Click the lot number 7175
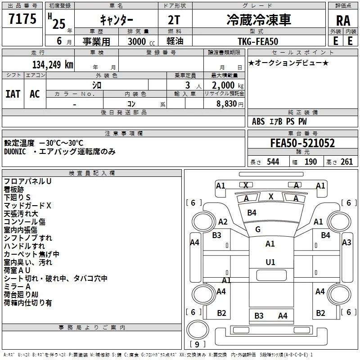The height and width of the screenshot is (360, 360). (22, 19)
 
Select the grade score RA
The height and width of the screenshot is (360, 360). (343, 21)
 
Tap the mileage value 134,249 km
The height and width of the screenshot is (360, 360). (53, 65)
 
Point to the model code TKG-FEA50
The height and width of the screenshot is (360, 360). (258, 41)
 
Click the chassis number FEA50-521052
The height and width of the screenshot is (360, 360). (302, 143)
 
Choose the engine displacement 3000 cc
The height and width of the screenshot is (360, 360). (141, 41)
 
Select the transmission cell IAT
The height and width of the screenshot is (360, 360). (13, 94)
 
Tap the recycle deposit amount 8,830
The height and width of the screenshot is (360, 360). (227, 104)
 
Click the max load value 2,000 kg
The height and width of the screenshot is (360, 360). (228, 85)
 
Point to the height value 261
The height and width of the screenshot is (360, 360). (346, 162)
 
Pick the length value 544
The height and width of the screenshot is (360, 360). (273, 162)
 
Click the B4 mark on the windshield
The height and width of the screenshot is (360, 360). (252, 213)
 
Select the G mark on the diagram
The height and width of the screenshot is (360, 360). (258, 229)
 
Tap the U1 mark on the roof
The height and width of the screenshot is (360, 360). (270, 262)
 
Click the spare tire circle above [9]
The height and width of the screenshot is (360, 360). (198, 330)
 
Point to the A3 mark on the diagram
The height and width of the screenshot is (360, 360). (346, 243)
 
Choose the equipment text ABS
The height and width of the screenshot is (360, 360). (258, 121)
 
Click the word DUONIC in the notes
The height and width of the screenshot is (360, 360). (15, 152)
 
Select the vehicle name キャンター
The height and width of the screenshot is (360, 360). (117, 20)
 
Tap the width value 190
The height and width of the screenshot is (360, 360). (310, 162)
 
